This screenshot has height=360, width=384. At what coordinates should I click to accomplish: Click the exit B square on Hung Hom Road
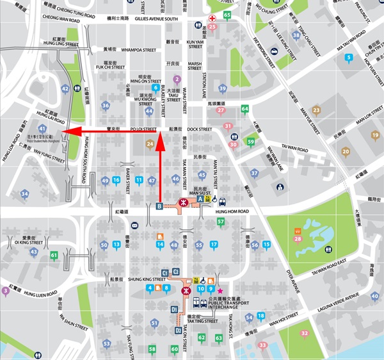click(159, 206)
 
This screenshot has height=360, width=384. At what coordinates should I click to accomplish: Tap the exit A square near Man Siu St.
click(200, 199)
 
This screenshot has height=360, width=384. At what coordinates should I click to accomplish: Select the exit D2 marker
click(179, 331)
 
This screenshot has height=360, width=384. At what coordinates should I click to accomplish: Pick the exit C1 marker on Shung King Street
click(165, 273)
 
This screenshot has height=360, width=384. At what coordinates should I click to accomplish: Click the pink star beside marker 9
click(220, 290)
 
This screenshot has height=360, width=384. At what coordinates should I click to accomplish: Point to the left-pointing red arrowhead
click(71, 132)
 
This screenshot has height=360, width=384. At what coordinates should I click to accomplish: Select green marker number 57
click(221, 222)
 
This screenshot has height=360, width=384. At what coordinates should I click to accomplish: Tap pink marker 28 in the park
click(298, 239)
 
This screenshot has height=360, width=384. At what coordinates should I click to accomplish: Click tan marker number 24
click(150, 144)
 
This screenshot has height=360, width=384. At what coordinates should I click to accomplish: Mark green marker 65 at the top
click(227, 15)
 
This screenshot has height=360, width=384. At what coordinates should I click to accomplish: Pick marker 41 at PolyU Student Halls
click(42, 129)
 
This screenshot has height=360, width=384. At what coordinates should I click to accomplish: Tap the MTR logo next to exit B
click(184, 203)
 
